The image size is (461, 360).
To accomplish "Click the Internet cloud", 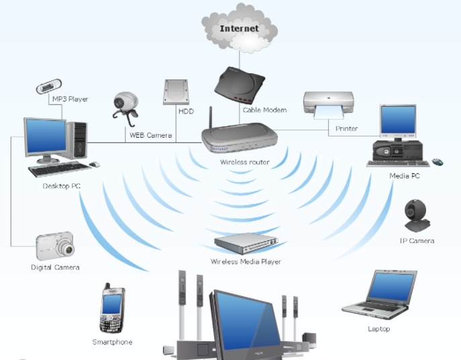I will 240,29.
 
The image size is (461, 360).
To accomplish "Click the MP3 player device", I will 48,87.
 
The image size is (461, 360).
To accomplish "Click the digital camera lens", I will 66,249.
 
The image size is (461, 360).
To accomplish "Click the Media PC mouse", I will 438,162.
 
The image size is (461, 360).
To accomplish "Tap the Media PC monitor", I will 398,120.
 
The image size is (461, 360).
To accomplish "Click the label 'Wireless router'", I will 245,163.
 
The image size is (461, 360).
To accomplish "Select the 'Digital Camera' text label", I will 55,267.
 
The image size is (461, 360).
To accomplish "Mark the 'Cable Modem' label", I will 266,109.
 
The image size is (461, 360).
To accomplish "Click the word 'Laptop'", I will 378,329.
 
